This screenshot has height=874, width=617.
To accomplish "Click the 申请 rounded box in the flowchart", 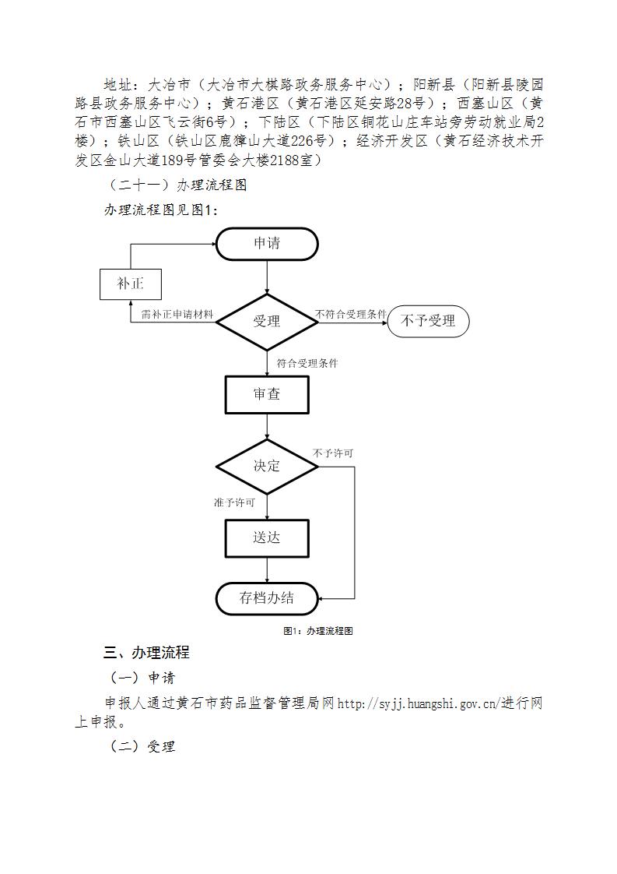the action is (x=267, y=244).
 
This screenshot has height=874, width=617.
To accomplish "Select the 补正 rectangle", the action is (x=130, y=284).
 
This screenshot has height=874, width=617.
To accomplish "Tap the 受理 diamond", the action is (x=267, y=322).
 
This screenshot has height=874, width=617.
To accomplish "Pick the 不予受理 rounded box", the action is (x=428, y=321).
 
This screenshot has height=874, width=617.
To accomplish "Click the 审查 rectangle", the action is (x=267, y=395).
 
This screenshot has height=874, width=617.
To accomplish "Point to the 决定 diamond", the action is (x=267, y=467).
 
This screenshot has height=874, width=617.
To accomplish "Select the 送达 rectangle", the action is (x=267, y=538).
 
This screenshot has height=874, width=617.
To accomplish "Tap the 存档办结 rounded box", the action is (x=267, y=599).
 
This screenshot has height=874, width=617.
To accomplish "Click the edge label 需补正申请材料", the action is (x=177, y=315).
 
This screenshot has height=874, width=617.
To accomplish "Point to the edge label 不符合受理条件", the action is (x=351, y=315).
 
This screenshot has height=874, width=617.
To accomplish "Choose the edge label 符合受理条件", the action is (x=307, y=364).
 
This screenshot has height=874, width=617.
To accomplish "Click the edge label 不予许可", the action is (x=333, y=453).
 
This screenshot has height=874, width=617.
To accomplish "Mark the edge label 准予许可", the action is (x=234, y=502).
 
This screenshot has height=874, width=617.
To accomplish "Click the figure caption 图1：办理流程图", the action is (x=318, y=631).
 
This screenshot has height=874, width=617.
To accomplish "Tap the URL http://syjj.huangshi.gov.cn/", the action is (x=417, y=703).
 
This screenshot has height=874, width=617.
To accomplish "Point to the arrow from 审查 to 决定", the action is (x=268, y=426).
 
